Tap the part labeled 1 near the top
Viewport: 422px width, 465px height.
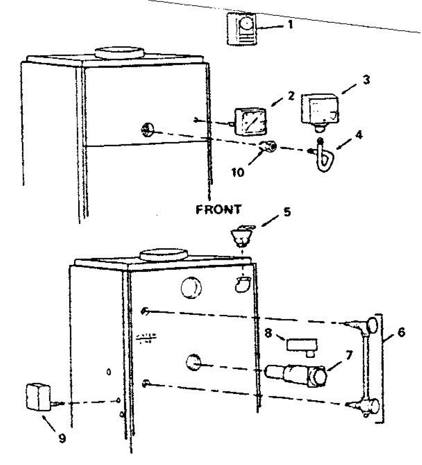(x=241, y=29)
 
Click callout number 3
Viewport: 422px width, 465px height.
(x=365, y=80)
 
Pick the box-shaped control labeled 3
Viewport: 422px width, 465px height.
(x=320, y=108)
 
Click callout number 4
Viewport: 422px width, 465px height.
(x=359, y=136)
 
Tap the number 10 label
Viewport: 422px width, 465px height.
(x=238, y=172)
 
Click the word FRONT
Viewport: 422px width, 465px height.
(x=218, y=210)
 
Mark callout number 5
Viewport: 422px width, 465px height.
(x=287, y=212)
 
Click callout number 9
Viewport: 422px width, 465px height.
(x=62, y=438)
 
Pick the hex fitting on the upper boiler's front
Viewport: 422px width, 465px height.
(x=148, y=129)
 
